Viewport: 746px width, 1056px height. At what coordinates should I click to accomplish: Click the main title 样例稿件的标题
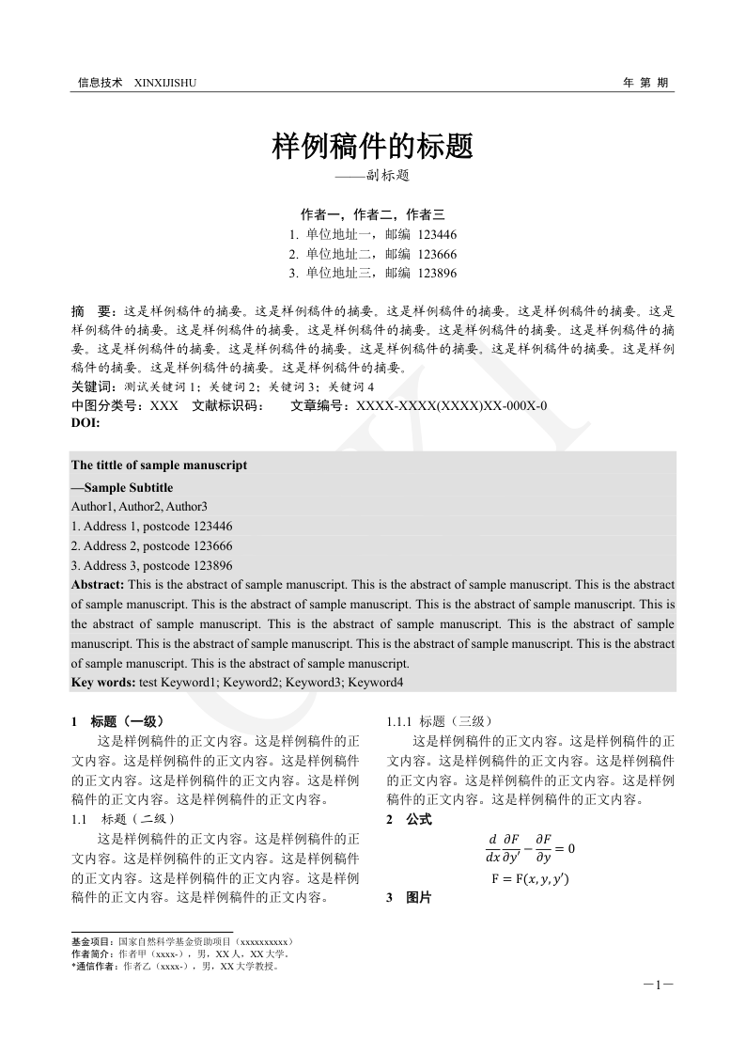point(372,146)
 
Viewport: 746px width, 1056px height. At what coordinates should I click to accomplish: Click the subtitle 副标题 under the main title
point(372,176)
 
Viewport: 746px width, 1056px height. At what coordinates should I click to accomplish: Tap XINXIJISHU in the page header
point(166,83)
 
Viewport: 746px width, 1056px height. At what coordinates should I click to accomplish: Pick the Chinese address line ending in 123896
point(372,274)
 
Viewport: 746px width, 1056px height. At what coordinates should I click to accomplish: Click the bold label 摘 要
point(94,310)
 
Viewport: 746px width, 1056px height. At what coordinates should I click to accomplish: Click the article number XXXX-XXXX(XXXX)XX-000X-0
point(447,406)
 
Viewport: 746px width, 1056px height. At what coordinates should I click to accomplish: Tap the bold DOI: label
point(85,423)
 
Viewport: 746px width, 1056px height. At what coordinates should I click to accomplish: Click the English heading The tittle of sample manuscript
point(159,465)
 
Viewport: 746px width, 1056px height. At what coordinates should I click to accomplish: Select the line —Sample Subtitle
point(122,487)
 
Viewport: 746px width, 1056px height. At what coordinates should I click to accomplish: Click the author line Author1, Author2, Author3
point(139,507)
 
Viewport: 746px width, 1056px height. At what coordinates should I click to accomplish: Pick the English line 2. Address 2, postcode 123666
point(151,545)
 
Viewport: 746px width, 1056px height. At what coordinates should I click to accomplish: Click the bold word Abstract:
point(98,584)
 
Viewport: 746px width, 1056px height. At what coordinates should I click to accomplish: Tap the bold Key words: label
point(103,682)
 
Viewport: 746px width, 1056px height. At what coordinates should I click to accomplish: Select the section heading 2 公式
point(409,820)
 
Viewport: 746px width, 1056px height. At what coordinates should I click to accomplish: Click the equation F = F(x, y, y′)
point(530,879)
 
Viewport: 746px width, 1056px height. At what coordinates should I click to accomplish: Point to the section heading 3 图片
point(409,898)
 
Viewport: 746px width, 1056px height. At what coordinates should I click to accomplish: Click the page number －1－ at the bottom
point(659,985)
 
